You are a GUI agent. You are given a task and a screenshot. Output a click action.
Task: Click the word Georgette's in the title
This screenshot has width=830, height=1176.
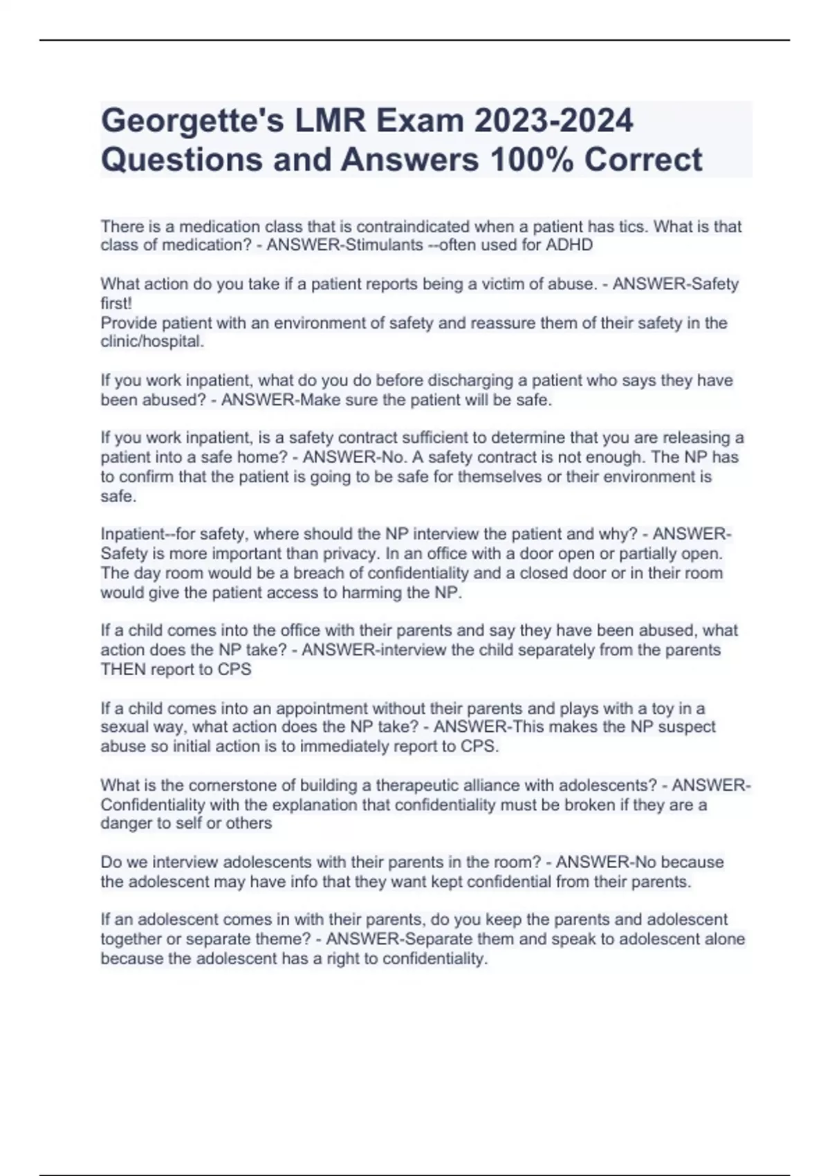[x=190, y=121]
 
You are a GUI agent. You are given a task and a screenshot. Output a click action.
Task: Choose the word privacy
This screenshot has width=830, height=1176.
[x=353, y=554]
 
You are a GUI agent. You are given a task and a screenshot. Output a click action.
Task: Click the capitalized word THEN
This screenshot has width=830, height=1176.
[x=123, y=670]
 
